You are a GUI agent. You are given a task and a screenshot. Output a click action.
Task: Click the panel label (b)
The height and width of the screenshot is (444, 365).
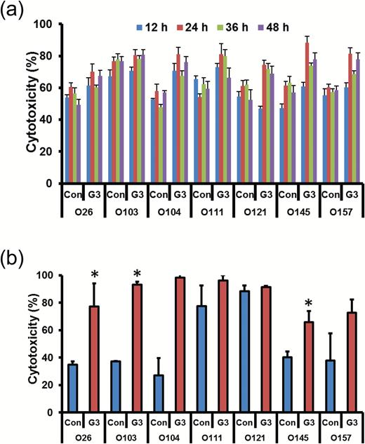pos(15,246)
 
